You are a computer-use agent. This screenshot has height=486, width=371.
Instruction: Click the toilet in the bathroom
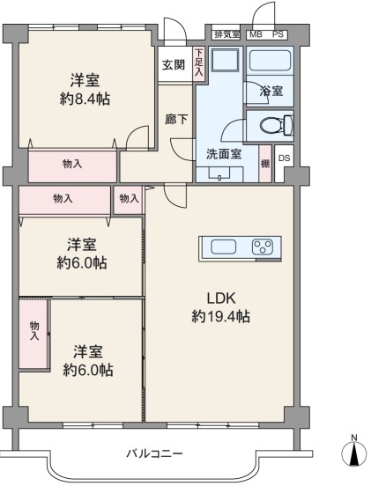[x=276, y=125]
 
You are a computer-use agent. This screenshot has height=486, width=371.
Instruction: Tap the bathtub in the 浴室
[x=270, y=61]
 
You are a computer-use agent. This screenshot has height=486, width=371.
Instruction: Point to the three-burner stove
[x=263, y=247]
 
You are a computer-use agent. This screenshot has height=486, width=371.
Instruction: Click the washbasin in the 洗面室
[x=219, y=173]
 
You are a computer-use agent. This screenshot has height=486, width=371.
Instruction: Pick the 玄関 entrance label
[x=174, y=65]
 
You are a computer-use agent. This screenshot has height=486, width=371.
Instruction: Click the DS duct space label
[x=284, y=158]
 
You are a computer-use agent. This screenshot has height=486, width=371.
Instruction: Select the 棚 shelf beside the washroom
[x=265, y=164]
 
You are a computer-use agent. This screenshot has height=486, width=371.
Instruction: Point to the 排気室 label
[x=227, y=34]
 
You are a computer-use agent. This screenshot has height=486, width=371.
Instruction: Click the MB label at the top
[x=256, y=34]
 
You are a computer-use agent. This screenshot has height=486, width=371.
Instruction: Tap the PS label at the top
[x=278, y=34]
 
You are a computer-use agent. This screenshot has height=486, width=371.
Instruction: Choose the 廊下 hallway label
[x=176, y=120]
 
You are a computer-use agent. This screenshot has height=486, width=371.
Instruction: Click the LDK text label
[x=221, y=298]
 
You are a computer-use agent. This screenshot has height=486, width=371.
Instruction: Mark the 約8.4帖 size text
[x=85, y=99]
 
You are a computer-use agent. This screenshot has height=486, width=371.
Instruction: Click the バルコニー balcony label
[x=154, y=454]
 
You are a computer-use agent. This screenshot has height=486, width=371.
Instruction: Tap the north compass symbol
[x=353, y=453]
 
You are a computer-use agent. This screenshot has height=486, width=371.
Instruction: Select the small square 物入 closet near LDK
[x=128, y=200]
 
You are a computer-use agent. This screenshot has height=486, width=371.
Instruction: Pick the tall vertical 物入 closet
[x=33, y=335]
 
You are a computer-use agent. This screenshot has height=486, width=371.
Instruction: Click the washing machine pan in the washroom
[x=226, y=60]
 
